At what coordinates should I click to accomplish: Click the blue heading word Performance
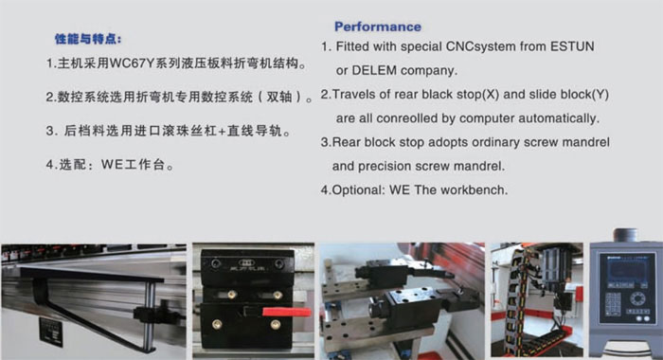[x=378, y=27]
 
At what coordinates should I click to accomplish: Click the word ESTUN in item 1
[x=572, y=46]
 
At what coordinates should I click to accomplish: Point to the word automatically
[x=559, y=118]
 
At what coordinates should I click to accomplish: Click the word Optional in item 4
[x=359, y=189]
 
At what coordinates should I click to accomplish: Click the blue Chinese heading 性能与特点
[x=88, y=40]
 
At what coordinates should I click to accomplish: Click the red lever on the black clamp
[x=287, y=313]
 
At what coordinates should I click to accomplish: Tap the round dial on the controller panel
[x=636, y=298]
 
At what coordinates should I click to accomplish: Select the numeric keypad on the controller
[x=613, y=304]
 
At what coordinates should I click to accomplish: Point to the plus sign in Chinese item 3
[x=223, y=131]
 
